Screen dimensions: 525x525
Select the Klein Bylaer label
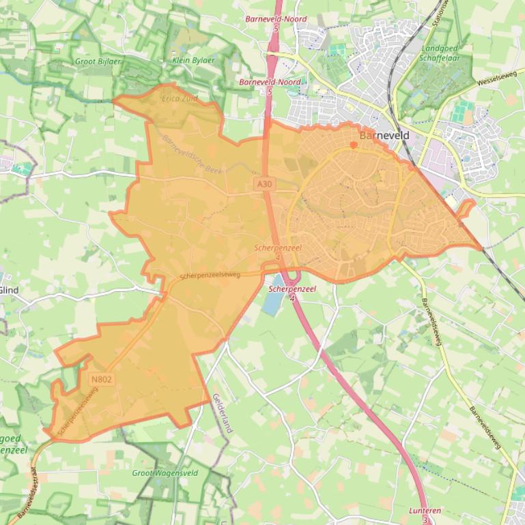(193, 60)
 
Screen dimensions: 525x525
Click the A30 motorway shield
(264, 184)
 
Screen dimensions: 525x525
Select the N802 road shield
(100, 379)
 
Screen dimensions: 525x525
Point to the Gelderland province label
(223, 413)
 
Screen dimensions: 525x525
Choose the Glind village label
(10, 290)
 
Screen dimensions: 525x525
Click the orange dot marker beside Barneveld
(353, 145)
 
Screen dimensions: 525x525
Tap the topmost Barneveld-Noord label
(276, 19)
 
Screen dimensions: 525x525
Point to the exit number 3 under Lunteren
(425, 520)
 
